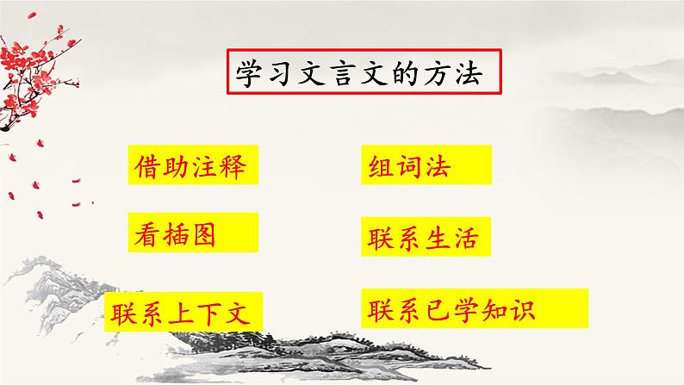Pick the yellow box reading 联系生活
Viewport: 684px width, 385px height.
427,236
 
